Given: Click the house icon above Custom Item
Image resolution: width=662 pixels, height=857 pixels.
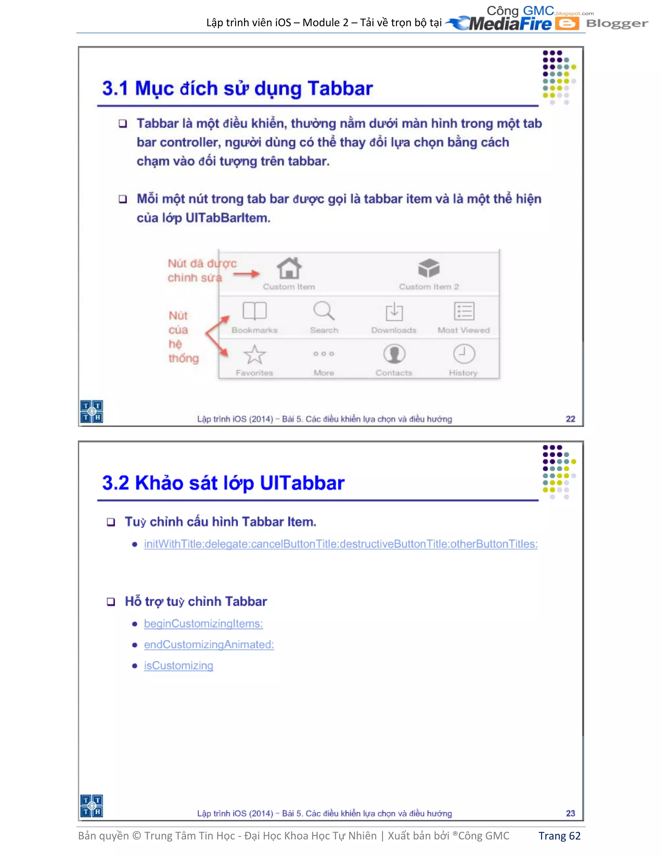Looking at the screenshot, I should (x=289, y=268).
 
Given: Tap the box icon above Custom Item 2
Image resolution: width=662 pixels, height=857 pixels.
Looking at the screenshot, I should (x=429, y=268).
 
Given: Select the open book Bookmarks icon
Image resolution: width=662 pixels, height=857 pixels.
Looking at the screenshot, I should (x=254, y=311).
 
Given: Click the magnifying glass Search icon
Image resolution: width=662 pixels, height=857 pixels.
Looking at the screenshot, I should (x=324, y=311).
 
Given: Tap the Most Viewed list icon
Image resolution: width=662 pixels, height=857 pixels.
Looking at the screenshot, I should (x=464, y=311).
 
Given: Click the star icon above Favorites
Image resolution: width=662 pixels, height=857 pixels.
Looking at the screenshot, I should (x=254, y=355).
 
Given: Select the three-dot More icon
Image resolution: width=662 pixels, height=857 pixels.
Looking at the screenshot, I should (x=324, y=353).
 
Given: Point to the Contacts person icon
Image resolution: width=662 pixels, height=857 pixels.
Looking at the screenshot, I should (x=394, y=354).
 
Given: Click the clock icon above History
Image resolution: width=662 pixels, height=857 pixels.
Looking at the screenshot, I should (x=464, y=354).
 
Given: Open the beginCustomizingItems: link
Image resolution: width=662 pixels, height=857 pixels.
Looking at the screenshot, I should (x=203, y=624).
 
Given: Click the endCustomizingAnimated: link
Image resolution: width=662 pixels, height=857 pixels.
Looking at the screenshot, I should (x=208, y=645).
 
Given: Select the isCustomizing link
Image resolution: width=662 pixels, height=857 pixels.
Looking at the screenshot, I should (x=178, y=666).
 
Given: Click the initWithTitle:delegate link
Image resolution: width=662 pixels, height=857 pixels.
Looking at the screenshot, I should (x=340, y=544).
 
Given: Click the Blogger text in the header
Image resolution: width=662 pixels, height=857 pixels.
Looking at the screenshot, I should (x=617, y=24).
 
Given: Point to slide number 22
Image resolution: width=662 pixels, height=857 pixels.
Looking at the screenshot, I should (x=570, y=419).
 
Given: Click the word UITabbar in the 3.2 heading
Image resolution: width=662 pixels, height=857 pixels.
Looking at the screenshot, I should (x=302, y=483).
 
